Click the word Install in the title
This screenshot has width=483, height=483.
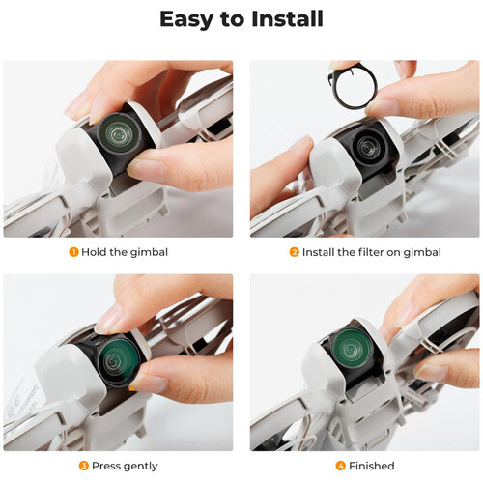pyautogui.click(x=287, y=19)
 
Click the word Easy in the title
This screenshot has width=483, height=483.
pyautogui.click(x=187, y=20)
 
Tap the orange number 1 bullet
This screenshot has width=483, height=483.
pyautogui.click(x=73, y=252)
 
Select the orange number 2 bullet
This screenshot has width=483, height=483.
pyautogui.click(x=294, y=252)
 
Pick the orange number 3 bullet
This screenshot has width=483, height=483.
pyautogui.click(x=84, y=466)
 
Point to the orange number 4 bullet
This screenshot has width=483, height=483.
pyautogui.click(x=341, y=466)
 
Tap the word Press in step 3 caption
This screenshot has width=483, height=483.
pyautogui.click(x=106, y=466)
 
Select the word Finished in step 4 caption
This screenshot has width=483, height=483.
pyautogui.click(x=372, y=466)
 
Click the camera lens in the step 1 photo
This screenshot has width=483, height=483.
pyautogui.click(x=119, y=132)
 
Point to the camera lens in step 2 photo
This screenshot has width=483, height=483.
pyautogui.click(x=367, y=146)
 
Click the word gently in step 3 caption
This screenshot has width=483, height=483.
pyautogui.click(x=140, y=467)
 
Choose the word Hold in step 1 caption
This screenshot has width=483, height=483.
pyautogui.click(x=94, y=252)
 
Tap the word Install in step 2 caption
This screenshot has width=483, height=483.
pyautogui.click(x=318, y=252)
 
